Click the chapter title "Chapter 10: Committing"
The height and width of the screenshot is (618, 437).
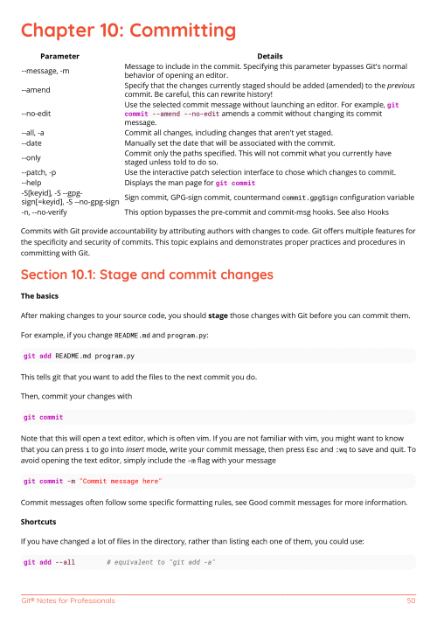(128, 31)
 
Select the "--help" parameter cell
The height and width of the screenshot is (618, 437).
(32, 183)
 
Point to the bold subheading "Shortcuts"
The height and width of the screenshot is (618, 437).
(40, 523)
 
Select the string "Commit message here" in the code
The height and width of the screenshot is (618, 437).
(122, 481)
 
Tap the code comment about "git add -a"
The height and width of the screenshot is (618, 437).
(161, 561)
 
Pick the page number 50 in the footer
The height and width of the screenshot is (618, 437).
(411, 601)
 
